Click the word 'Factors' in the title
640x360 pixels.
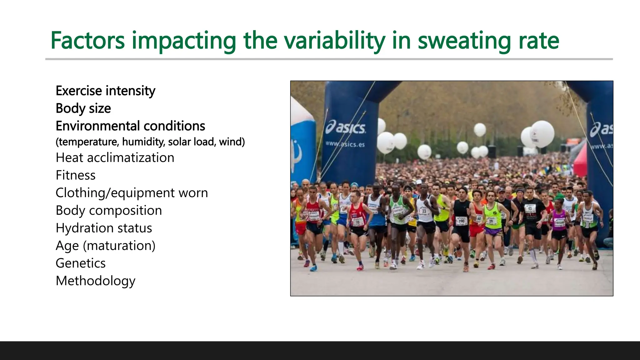click(x=87, y=41)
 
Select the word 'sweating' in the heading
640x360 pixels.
click(x=464, y=41)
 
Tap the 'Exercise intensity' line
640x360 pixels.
click(x=105, y=91)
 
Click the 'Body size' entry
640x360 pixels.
click(x=83, y=108)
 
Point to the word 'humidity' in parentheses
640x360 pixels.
click(x=143, y=142)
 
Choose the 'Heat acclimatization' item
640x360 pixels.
click(x=115, y=158)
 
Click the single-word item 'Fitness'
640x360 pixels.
click(x=75, y=175)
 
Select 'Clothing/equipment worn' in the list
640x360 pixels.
click(x=132, y=193)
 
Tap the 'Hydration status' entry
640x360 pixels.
click(x=104, y=228)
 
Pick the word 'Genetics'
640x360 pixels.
click(x=80, y=263)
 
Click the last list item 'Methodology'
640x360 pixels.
click(x=95, y=281)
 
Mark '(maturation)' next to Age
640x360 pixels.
click(x=119, y=246)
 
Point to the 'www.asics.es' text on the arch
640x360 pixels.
click(x=345, y=144)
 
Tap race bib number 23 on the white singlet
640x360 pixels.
click(x=424, y=211)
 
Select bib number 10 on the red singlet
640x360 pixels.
click(x=357, y=222)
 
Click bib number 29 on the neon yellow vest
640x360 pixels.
click(x=491, y=221)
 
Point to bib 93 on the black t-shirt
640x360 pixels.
click(x=530, y=208)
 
